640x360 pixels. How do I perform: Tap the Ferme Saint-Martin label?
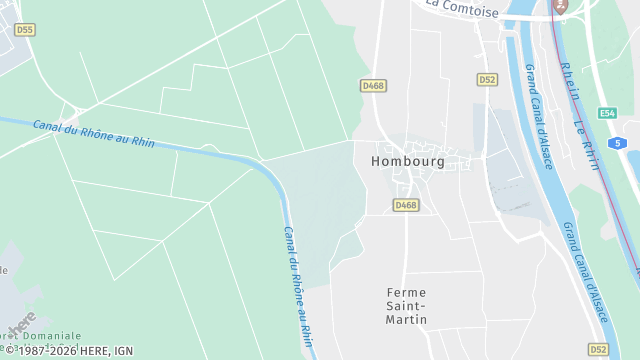click(406, 305)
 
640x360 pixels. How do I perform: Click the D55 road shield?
click(25, 30)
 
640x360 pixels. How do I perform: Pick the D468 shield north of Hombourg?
click(373, 86)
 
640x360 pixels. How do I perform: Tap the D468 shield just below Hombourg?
click(405, 205)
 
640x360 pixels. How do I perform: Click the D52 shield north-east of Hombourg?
click(487, 79)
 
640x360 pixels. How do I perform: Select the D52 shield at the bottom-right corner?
click(598, 349)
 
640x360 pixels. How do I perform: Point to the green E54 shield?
click(607, 113)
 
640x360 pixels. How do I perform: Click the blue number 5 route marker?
click(620, 144)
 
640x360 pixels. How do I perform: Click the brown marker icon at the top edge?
click(560, 5)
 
